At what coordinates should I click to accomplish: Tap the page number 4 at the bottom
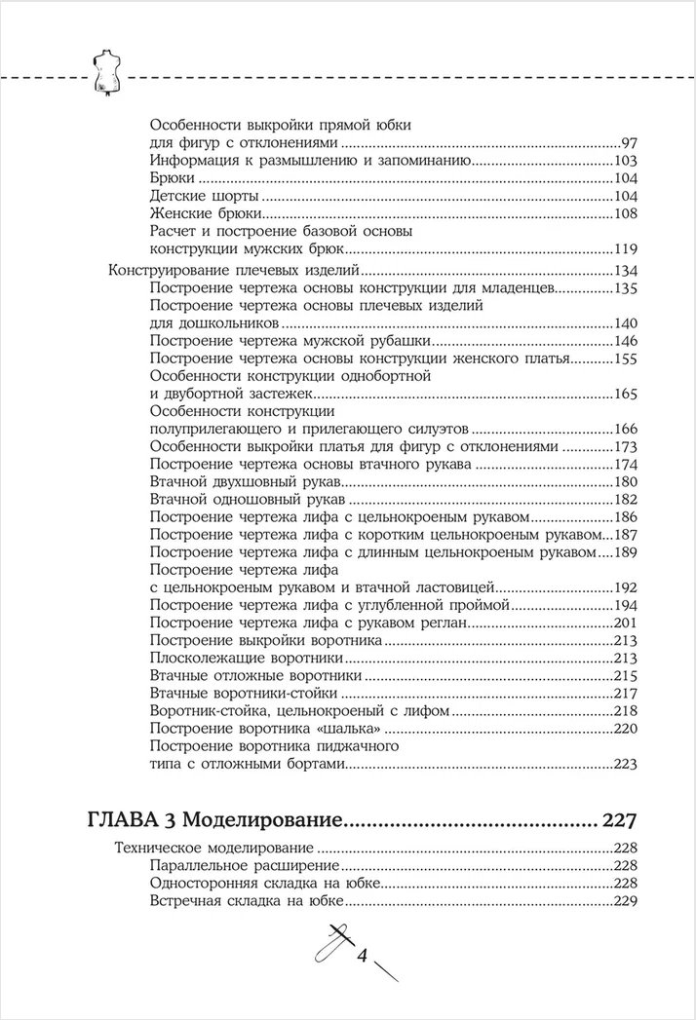coord(362,956)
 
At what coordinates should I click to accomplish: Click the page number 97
coord(628,142)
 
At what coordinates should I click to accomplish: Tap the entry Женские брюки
coord(200,214)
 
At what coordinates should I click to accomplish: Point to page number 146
coord(623,342)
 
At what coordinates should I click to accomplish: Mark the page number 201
coord(623,623)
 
